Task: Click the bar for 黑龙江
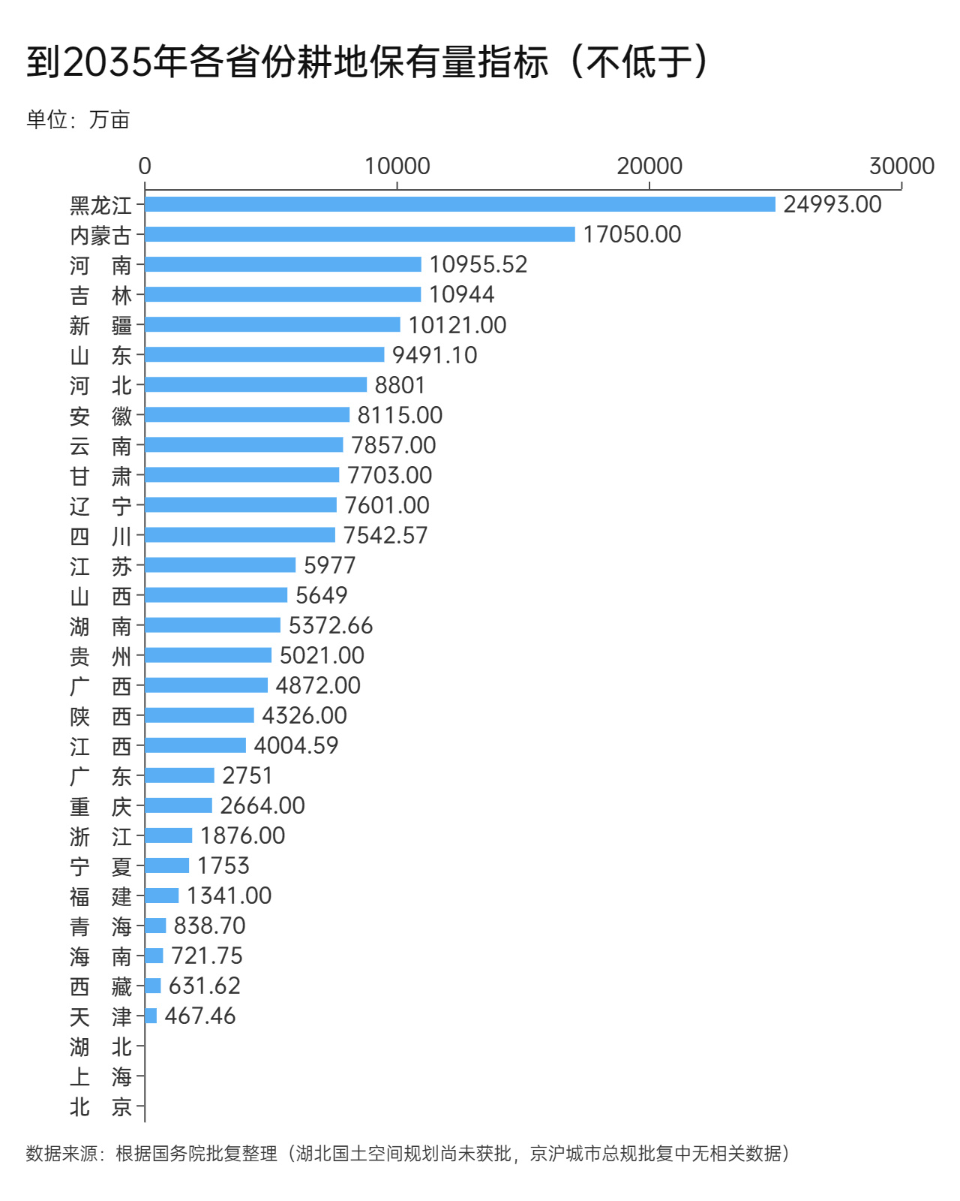460,204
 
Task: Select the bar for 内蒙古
360,234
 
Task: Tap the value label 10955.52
478,264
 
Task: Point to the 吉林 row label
100,295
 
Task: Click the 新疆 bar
272,324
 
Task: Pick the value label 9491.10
434,355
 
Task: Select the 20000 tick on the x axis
649,166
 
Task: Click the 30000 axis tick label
901,166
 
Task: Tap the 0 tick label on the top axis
145,166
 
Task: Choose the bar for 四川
240,534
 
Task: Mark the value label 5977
329,565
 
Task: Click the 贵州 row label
100,656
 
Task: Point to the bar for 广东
179,775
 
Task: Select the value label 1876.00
242,835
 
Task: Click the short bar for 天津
151,1016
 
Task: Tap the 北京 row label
100,1106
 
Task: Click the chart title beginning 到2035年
367,62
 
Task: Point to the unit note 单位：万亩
78,119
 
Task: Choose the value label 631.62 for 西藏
204,986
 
